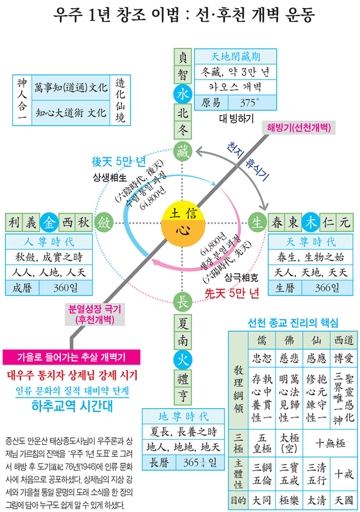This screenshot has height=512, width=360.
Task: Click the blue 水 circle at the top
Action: point(182,94)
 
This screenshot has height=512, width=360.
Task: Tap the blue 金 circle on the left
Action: point(49,223)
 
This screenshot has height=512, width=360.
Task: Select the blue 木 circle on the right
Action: point(310,222)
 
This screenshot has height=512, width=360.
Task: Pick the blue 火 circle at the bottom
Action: point(182,360)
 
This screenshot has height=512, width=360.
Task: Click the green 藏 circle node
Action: point(182,151)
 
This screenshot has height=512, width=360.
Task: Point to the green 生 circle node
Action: point(257,222)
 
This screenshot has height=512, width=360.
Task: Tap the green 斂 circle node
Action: point(104,223)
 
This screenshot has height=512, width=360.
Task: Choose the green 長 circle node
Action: point(182,301)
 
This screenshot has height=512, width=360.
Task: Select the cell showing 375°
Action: point(252,103)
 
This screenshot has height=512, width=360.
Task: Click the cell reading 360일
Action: point(66,288)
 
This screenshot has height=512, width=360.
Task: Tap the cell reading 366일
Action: point(327,288)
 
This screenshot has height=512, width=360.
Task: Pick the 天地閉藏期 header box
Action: point(235,57)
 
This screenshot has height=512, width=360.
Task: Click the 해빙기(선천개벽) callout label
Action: point(298,128)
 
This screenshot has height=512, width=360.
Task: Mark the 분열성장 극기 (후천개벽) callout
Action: point(95,314)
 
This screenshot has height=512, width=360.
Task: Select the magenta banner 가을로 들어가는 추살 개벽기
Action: point(72,357)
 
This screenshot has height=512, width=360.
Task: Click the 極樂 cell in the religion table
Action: point(289,500)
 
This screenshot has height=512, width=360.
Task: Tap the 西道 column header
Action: point(344,340)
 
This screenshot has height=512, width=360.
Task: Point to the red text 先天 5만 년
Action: point(232,293)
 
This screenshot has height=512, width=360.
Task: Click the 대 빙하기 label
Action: point(236,118)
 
